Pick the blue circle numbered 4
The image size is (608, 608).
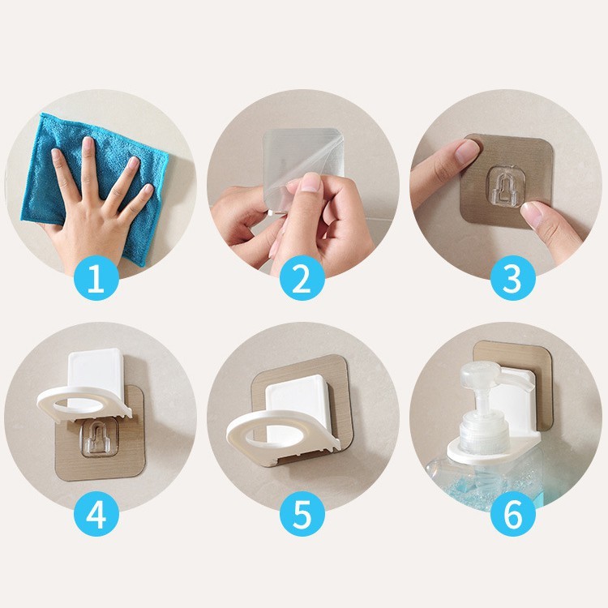click(96, 514)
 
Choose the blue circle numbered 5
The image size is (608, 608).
click(302, 514)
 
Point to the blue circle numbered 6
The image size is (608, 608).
click(513, 514)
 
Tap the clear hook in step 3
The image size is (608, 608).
click(507, 186)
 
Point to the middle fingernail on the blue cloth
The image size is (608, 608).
click(88, 143)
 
